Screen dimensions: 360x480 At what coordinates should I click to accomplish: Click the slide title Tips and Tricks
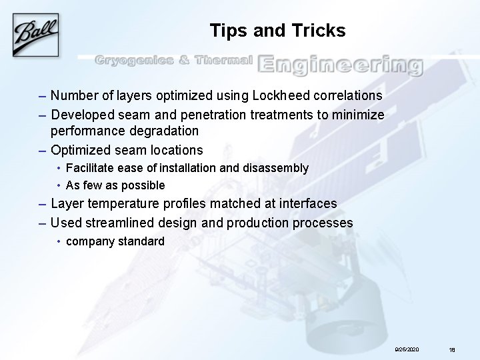tap(277, 31)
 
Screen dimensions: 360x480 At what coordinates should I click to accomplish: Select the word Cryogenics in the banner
tap(132, 61)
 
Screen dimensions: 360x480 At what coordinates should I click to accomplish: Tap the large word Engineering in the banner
tap(340, 64)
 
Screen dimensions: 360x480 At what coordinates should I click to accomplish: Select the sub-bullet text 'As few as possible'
tap(115, 185)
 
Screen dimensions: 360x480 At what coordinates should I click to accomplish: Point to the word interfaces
tap(305, 203)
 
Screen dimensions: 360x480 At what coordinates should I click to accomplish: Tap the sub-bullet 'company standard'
tap(115, 241)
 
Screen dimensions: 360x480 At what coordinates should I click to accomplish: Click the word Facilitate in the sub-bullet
tap(90, 168)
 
